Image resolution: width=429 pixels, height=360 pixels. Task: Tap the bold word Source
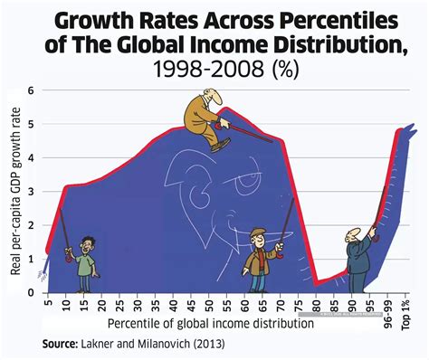(63, 345)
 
